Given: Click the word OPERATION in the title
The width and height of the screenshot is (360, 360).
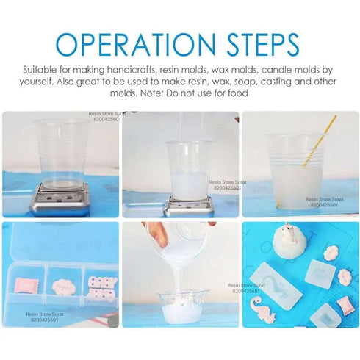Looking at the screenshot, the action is pyautogui.click(x=136, y=45).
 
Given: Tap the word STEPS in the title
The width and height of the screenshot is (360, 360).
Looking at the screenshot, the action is pyautogui.click(x=263, y=45).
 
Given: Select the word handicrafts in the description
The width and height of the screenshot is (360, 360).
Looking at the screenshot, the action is pyautogui.click(x=132, y=70).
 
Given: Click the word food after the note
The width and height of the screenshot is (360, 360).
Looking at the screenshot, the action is pyautogui.click(x=238, y=93).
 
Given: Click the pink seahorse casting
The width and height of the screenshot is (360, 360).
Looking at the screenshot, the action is pyautogui.click(x=262, y=309).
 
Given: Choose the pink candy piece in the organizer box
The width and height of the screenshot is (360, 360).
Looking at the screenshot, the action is pyautogui.click(x=26, y=285).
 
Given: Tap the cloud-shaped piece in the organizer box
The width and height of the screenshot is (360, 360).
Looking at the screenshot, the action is pyautogui.click(x=63, y=287).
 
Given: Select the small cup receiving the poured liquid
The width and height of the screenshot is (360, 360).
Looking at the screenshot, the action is pyautogui.click(x=182, y=306).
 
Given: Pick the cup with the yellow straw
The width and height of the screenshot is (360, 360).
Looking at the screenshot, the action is pyautogui.click(x=295, y=171).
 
